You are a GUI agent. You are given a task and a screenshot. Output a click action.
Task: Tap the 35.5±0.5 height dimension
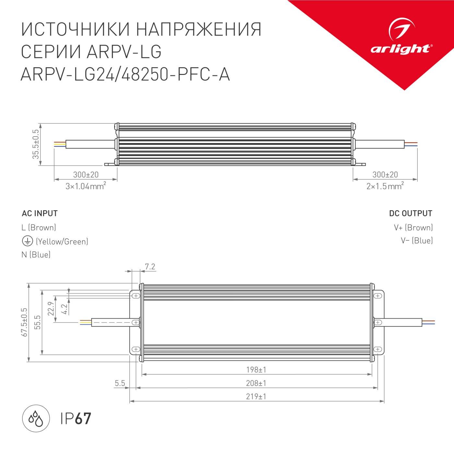click(35, 144)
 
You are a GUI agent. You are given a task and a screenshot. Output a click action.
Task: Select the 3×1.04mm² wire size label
click(86, 186)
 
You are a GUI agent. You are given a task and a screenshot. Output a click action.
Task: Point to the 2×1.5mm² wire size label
click(385, 186)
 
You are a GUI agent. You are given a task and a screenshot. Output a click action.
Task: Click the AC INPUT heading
click(40, 213)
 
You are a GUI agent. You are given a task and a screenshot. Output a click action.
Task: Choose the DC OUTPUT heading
click(411, 213)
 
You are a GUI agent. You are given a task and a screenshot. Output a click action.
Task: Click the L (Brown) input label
click(39, 227)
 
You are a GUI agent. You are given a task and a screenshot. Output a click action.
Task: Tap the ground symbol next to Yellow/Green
click(27, 241)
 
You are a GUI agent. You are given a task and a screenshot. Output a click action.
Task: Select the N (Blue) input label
click(36, 255)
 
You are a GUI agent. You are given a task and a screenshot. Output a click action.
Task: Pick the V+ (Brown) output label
click(413, 227)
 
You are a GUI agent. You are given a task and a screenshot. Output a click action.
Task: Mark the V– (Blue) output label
click(416, 241)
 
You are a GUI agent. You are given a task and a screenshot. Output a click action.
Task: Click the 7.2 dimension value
click(150, 267)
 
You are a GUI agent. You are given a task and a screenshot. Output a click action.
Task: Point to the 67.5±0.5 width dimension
click(24, 322)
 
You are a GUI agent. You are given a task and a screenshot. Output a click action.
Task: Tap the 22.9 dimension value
click(50, 308)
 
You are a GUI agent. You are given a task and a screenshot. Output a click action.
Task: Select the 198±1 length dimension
click(256, 370)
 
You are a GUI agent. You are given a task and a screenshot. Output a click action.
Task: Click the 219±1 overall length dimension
click(256, 397)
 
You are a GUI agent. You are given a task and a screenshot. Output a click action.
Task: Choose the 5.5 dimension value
click(120, 383)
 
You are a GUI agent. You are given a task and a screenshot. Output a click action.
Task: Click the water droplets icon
click(36, 418)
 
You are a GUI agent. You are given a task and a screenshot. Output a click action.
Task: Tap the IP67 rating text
click(76, 418)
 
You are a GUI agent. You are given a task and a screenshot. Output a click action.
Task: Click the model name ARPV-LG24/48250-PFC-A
click(125, 75)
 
